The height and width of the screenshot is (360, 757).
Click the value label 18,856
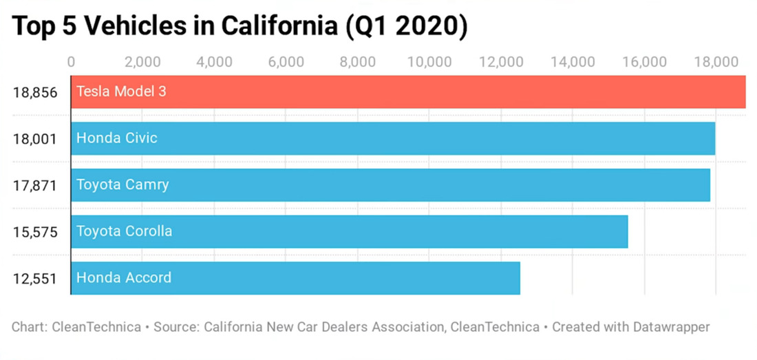tap(35, 92)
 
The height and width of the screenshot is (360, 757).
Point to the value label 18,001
tap(35, 138)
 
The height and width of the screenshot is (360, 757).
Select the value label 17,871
tap(35, 185)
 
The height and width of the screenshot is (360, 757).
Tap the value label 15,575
tap(35, 232)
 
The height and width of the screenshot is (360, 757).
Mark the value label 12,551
tap(35, 279)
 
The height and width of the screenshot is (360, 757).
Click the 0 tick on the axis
tap(71, 61)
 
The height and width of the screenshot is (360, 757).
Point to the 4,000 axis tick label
tap(214, 61)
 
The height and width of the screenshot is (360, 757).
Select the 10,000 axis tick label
tap(429, 61)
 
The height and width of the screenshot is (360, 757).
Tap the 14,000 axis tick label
tap(573, 61)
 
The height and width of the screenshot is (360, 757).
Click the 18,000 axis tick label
tap(716, 61)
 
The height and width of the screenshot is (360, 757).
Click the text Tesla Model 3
tap(121, 92)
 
